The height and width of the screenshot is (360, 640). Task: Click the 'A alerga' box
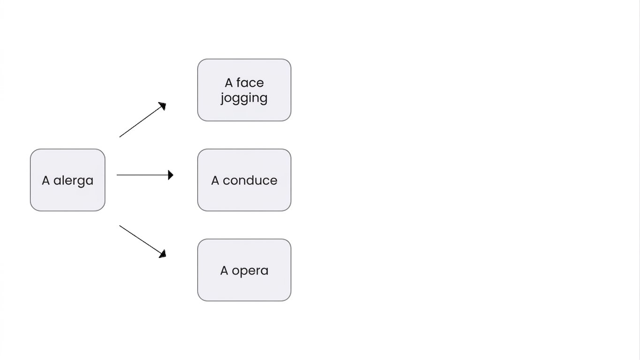pos(68,180)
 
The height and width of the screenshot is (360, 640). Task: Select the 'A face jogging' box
pos(244,90)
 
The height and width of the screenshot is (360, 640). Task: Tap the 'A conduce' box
pos(244,180)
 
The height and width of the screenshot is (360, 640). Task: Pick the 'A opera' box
pos(244,270)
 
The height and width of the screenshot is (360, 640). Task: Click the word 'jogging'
pos(244,98)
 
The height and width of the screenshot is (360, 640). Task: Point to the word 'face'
pos(250,82)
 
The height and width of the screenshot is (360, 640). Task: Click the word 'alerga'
pos(74,181)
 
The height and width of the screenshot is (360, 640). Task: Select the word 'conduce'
pos(250,180)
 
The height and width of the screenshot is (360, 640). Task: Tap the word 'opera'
pos(250,271)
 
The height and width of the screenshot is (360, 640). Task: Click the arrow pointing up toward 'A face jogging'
pos(143,120)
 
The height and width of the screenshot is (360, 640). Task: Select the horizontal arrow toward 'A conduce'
pos(145,175)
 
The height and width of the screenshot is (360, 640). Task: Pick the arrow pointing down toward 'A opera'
pos(143,242)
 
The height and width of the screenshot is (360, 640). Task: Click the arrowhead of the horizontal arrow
pos(171,175)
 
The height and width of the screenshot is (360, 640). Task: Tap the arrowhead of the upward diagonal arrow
pos(163,105)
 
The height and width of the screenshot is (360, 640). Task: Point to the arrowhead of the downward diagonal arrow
pos(163,254)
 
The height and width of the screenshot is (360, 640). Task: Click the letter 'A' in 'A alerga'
pos(46,180)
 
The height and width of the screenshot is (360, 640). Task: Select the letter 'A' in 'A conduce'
pos(215,180)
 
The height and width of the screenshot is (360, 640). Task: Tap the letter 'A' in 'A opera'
pos(224,270)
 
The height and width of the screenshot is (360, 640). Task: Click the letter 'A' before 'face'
pos(229,83)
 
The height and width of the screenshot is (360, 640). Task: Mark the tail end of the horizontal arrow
pos(117,175)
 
